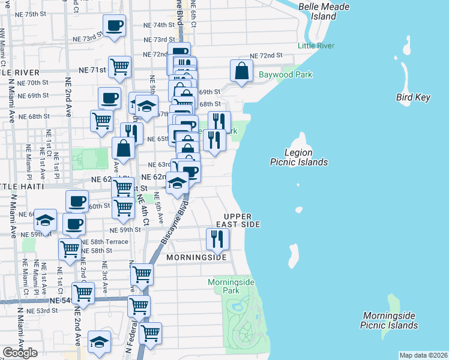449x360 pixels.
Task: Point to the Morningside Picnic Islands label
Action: click(389, 320)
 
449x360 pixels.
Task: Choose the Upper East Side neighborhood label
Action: click(242, 220)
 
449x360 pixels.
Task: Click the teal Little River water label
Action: click(316, 46)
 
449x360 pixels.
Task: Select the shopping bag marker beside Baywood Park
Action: click(241, 71)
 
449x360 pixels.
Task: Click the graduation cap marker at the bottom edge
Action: click(100, 342)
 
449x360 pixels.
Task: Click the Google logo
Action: click(20, 353)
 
